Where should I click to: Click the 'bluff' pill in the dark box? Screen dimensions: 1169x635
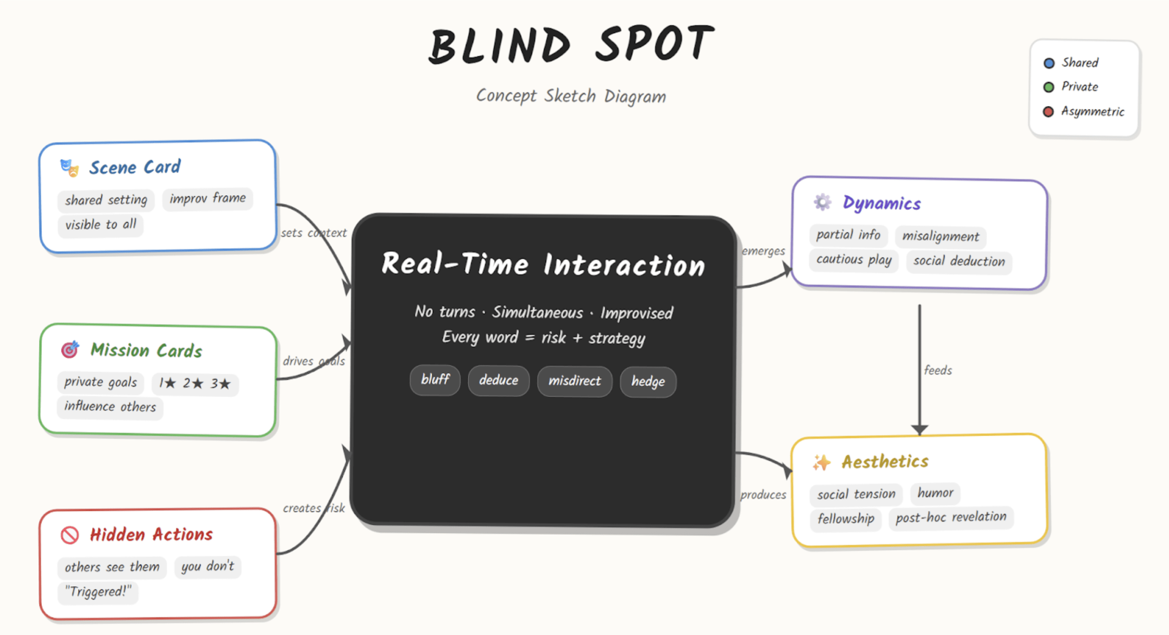pos(435,380)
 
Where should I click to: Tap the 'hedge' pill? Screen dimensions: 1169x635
pos(648,382)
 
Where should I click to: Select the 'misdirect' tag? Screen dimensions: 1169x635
pos(575,381)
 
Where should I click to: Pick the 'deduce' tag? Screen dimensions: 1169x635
pos(498,380)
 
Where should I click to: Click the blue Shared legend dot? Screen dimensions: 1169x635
pos(1049,63)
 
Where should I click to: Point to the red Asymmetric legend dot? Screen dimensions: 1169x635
pos(1048,112)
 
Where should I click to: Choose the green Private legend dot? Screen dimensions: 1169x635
pos(1048,87)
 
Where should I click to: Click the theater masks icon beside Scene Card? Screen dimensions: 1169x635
pos(69,168)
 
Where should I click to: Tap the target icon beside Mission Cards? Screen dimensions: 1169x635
pos(70,350)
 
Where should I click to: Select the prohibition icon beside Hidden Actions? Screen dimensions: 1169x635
pos(70,535)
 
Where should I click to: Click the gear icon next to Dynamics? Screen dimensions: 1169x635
pos(822,202)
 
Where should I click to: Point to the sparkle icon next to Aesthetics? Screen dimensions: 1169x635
pos(822,462)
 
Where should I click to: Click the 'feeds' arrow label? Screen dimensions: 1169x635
pos(938,371)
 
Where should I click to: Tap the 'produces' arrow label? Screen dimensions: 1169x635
pos(763,495)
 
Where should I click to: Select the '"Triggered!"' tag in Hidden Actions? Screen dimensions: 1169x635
pos(98,592)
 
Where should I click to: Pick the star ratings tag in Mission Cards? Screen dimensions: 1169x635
pos(195,384)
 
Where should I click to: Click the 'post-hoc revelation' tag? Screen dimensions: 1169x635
pos(951,518)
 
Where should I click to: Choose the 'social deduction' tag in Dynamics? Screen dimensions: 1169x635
pos(959,261)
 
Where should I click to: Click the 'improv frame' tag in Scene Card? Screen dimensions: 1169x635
pos(207,198)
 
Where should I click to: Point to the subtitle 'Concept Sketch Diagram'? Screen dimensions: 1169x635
pos(571,97)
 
